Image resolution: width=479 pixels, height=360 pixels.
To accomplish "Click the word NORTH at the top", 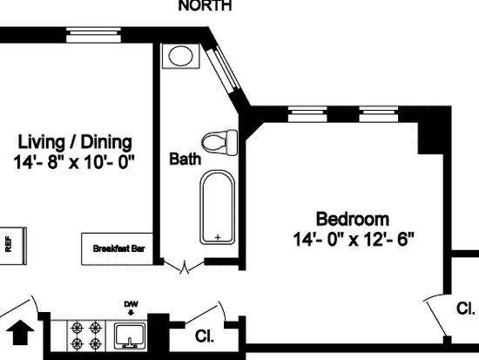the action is pos(205,5).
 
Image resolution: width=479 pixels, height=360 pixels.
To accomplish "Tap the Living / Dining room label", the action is pos(75,142).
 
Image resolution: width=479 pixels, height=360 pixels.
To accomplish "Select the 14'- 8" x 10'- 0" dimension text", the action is pos(74,162).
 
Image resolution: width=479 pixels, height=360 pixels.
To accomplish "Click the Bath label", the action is pos(186,159).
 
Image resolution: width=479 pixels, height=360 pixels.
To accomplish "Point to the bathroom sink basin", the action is pos(180,56).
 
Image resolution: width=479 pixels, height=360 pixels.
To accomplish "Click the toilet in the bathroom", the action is pos(219,143).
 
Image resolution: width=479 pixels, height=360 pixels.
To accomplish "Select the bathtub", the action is pos(218,207).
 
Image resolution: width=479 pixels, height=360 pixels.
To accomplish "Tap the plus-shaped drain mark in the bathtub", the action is pos(218,237).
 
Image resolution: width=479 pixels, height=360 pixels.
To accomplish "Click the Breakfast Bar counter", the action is pos(117,249).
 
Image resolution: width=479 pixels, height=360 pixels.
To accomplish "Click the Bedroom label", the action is pos(353,219).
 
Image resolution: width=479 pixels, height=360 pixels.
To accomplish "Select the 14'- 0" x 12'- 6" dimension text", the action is pos(354,239).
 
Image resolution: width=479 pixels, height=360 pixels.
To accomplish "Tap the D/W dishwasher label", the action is pos(131,304).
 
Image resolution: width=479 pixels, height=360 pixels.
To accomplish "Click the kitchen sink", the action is pos(129,336).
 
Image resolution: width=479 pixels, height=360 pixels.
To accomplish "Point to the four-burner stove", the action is pos(86,336).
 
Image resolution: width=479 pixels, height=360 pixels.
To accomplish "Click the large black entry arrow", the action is pos(20,332).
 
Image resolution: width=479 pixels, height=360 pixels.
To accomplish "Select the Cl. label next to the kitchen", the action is pos(205,336).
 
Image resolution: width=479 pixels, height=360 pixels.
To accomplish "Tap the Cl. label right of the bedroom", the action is pos(466,309).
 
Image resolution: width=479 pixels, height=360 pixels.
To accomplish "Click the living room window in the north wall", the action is pos(94,35).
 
